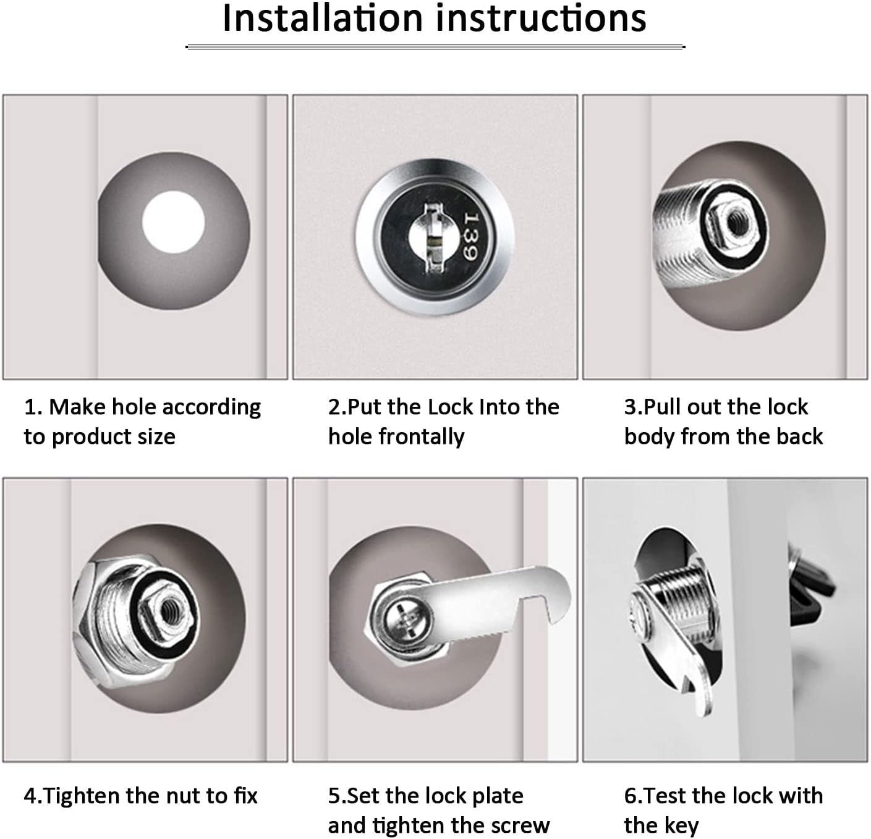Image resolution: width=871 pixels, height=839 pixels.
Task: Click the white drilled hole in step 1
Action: [173, 221]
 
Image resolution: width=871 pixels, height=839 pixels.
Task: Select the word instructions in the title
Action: [542, 19]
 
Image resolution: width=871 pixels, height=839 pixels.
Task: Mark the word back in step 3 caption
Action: [799, 437]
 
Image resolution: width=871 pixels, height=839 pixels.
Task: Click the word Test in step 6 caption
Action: [665, 796]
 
